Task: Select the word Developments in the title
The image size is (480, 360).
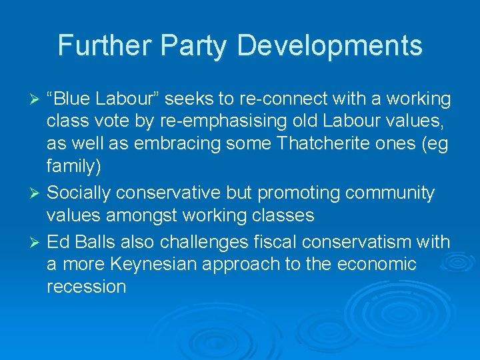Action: coord(329,46)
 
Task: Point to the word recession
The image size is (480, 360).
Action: coord(87,287)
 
